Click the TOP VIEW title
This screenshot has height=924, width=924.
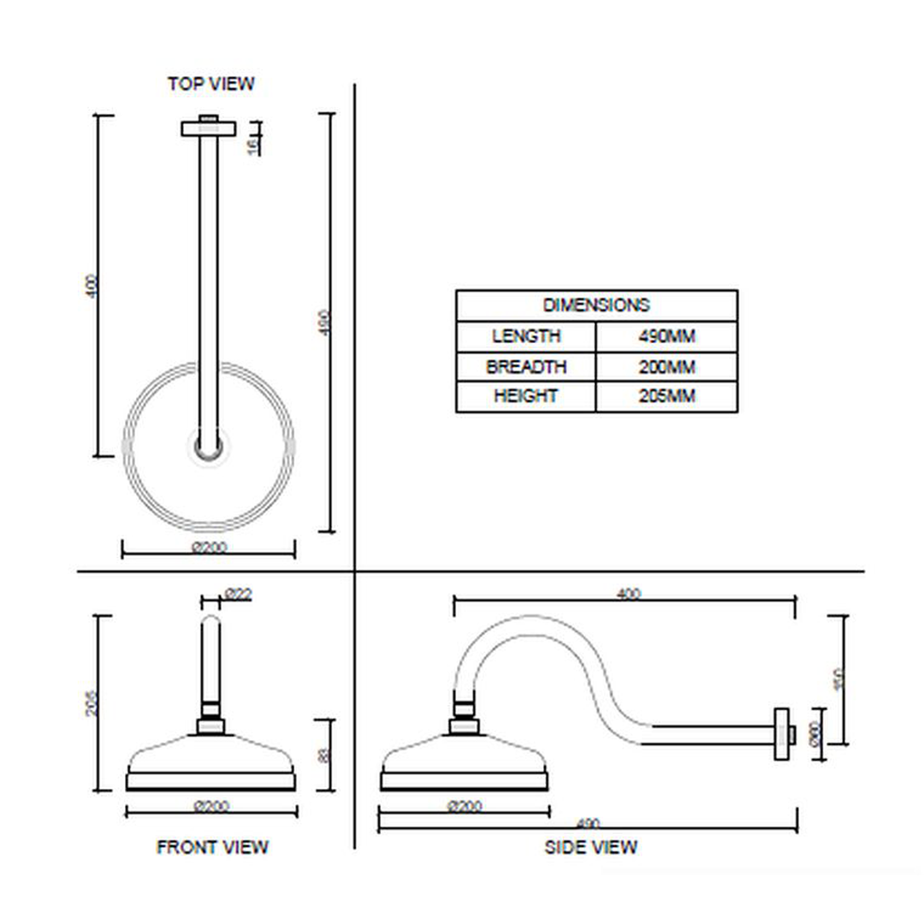(210, 84)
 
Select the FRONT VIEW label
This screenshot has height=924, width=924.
(212, 847)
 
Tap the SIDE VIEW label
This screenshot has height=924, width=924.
(590, 847)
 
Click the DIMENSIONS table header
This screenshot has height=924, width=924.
(596, 305)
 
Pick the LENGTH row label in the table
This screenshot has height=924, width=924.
(526, 336)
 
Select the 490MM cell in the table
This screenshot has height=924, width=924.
(666, 336)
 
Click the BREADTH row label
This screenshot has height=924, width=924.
(526, 367)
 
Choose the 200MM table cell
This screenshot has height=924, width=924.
(666, 367)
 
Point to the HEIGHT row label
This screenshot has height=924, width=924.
(526, 396)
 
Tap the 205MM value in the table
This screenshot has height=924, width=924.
(666, 396)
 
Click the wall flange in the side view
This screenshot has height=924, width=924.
(782, 733)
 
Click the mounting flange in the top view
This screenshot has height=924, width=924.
(208, 128)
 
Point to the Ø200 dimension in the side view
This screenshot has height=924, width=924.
(465, 806)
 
